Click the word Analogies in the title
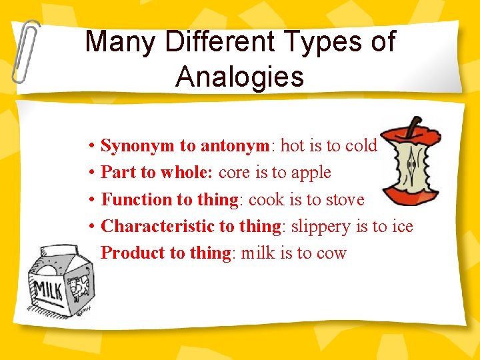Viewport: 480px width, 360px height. (239, 77)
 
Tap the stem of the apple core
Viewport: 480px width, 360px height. (415, 126)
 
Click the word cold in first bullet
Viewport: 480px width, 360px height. (362, 145)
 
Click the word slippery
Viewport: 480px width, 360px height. (319, 227)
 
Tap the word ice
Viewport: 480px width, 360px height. (402, 226)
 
